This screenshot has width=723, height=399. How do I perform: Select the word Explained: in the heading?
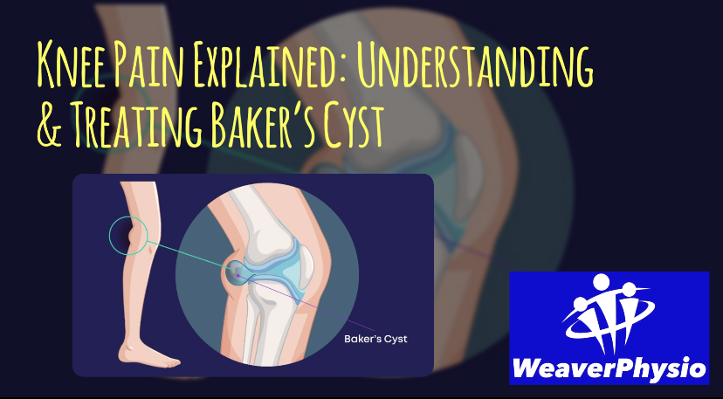point(270,65)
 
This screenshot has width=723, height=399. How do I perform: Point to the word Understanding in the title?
point(474,65)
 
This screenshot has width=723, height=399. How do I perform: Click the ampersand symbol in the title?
point(50,124)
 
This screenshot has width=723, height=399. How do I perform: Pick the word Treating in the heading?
point(137,124)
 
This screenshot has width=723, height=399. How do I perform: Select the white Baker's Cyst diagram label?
point(375,339)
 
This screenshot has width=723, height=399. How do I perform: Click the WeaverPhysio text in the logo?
point(609,369)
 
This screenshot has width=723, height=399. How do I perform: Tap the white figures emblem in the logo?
point(609,313)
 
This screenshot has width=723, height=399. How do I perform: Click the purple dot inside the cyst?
point(238,275)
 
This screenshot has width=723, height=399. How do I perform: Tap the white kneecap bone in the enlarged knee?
point(306,263)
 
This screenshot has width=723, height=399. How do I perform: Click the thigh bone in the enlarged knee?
point(263,222)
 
